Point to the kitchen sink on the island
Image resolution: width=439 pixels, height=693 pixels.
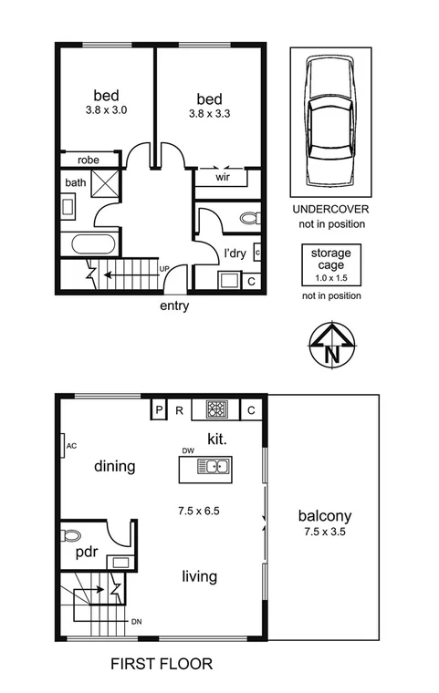click(x=215, y=468)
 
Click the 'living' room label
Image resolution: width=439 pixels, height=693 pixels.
click(x=199, y=576)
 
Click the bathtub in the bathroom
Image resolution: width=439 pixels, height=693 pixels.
click(x=89, y=244)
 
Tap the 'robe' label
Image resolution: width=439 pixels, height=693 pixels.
click(x=88, y=160)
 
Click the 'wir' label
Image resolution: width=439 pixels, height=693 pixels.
click(x=222, y=178)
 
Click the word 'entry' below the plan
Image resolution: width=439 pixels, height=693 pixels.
click(x=173, y=305)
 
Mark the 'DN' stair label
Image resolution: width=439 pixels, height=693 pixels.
click(x=136, y=622)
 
